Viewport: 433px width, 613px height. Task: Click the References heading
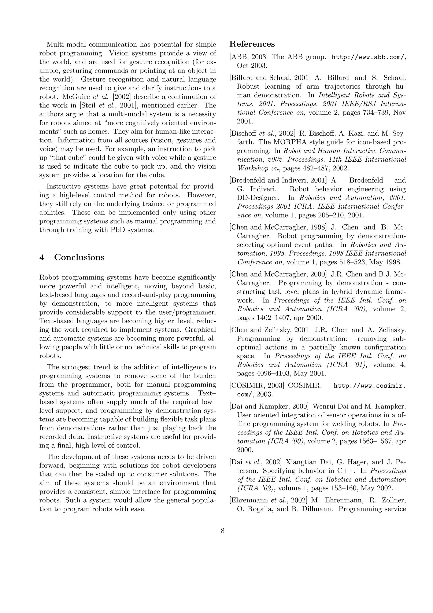252,44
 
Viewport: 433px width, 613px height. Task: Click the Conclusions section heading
79,257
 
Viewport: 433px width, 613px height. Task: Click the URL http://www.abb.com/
368,57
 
